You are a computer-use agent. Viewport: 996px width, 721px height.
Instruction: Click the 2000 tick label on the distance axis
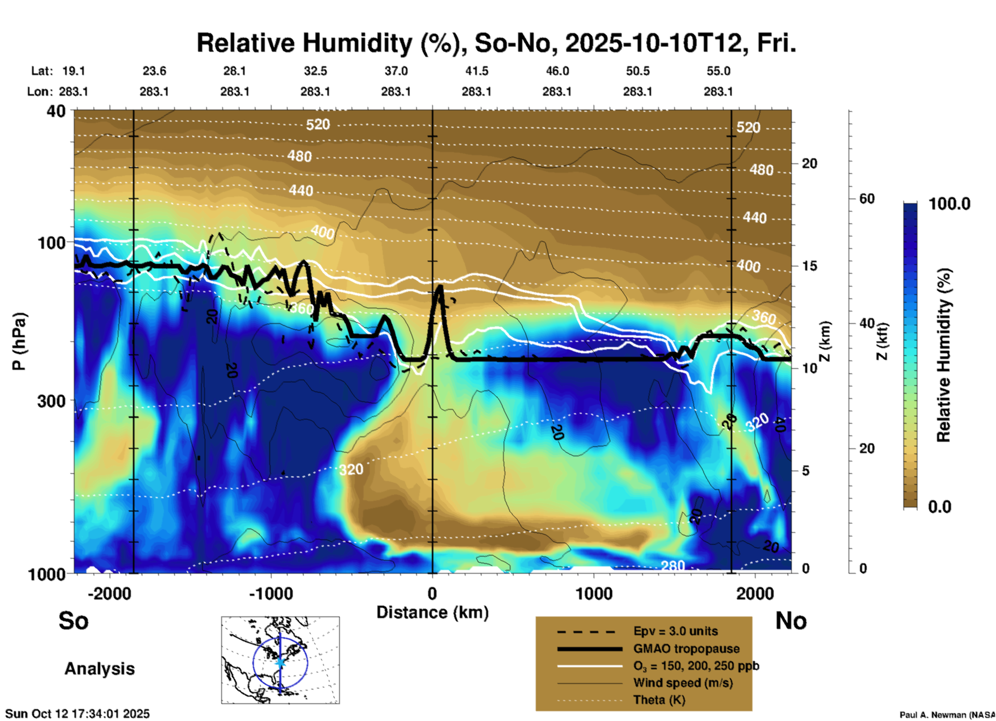(755, 594)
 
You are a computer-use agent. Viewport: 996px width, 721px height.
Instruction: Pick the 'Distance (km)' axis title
(432, 612)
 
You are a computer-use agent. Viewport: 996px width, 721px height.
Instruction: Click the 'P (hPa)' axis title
(19, 341)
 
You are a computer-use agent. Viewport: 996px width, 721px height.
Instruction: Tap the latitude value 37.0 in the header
(396, 71)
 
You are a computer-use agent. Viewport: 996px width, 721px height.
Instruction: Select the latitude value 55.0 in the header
(718, 71)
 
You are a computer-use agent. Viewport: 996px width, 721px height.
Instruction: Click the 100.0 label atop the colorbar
(949, 204)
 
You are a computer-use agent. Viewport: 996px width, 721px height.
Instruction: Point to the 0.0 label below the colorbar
(940, 506)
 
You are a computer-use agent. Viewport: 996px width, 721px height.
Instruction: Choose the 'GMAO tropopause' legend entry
(686, 649)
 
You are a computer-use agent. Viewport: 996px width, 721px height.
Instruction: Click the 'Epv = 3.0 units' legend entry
(675, 631)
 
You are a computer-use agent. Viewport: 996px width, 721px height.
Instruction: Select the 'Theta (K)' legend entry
(659, 700)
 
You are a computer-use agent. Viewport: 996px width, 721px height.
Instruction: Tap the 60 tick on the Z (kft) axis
(867, 199)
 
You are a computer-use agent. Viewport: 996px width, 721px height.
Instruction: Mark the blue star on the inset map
(280, 662)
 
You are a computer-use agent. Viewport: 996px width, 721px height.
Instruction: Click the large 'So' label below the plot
(73, 621)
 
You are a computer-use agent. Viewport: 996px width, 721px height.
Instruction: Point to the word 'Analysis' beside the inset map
(99, 669)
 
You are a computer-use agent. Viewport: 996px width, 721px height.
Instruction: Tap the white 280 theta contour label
(673, 566)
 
